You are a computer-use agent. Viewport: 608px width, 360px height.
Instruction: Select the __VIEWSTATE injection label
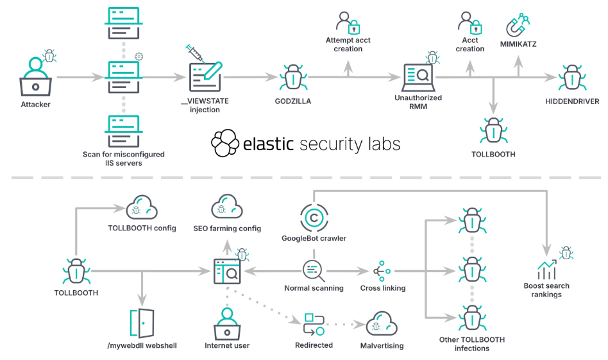(x=205, y=105)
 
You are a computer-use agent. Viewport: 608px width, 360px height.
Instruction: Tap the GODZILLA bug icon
(x=292, y=76)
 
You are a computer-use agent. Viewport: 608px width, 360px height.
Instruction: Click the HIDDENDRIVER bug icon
(x=571, y=77)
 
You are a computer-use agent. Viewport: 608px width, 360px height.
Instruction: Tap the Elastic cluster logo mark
(x=225, y=143)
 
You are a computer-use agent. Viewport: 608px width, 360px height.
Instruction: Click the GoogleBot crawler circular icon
(x=314, y=218)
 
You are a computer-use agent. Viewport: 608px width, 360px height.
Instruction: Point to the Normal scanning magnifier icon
(x=313, y=270)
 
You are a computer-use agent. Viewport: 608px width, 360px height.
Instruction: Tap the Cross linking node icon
(x=383, y=270)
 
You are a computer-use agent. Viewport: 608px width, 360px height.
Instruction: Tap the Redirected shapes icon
(x=314, y=324)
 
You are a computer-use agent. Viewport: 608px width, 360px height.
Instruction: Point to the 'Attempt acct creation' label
(x=348, y=45)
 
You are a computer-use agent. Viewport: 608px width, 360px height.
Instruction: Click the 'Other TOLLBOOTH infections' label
(x=472, y=344)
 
